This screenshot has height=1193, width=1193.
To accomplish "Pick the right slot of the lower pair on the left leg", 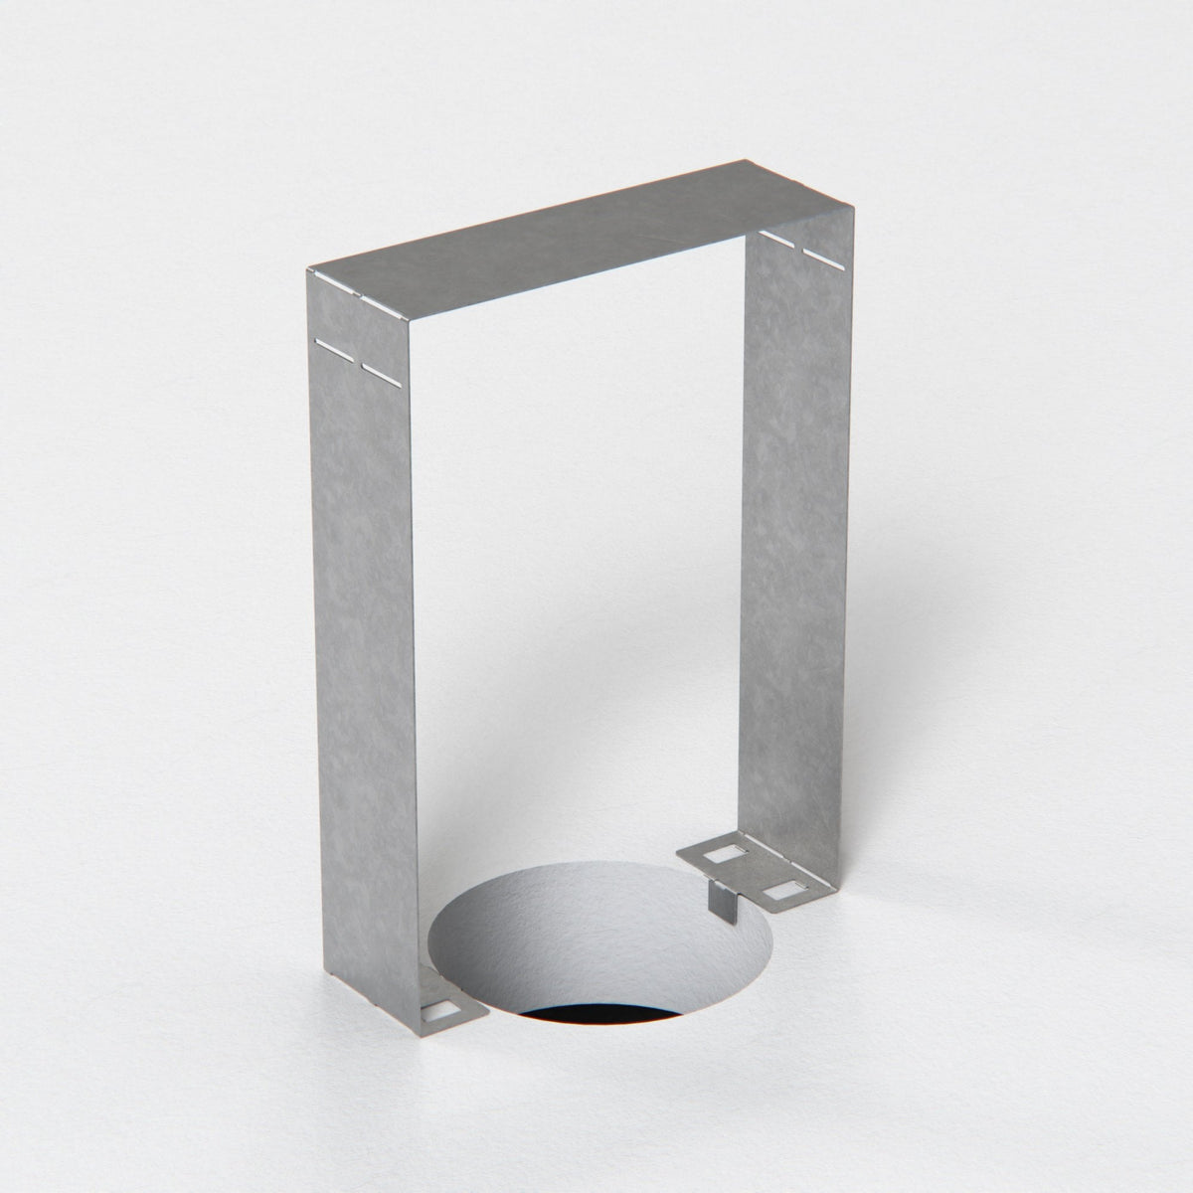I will point(381,372).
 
